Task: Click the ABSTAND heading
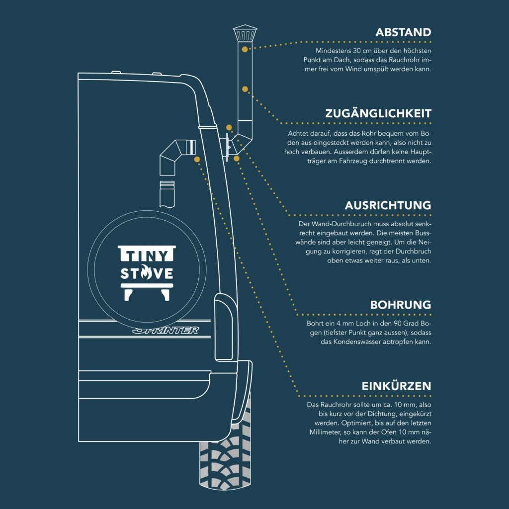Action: [403, 32]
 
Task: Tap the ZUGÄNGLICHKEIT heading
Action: [378, 113]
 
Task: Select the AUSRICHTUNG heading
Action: [388, 205]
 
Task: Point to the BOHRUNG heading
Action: [401, 305]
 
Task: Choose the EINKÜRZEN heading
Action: [396, 385]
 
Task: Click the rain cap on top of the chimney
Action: [245, 33]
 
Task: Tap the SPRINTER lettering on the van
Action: [166, 330]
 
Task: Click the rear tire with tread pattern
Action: [225, 448]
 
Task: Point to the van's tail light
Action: [224, 327]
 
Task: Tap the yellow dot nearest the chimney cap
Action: [245, 49]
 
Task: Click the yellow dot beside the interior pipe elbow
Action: [197, 159]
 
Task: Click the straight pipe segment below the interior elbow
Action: [167, 194]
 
